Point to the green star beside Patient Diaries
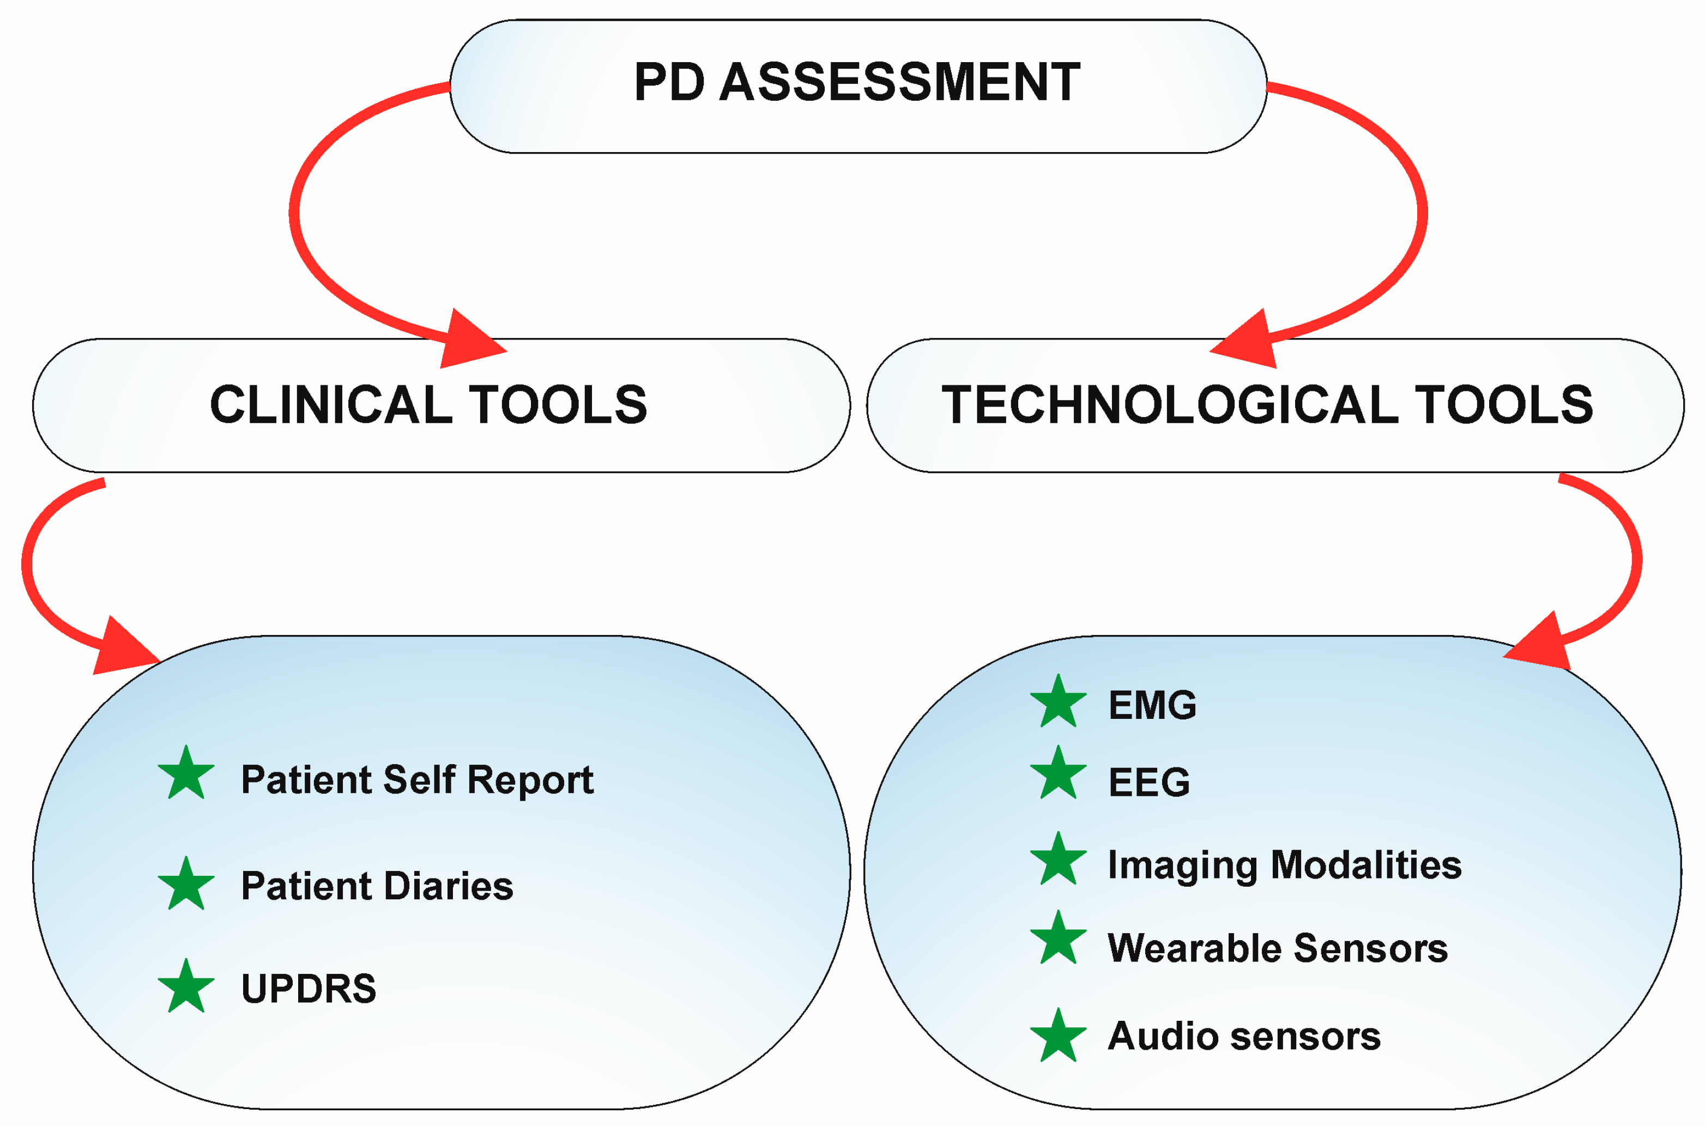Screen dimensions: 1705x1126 point(186,885)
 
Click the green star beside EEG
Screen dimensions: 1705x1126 point(1058,774)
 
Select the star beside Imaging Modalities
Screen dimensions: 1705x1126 point(1058,860)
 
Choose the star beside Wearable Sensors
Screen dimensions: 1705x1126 point(1058,939)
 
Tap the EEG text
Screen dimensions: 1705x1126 point(1148,782)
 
